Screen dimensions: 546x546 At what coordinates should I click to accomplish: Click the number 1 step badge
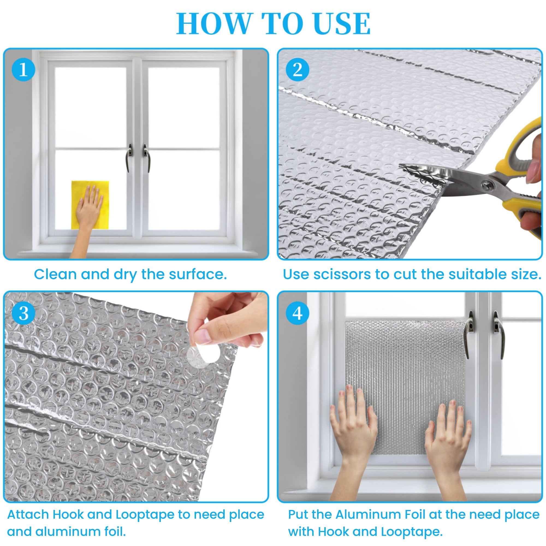point(23,70)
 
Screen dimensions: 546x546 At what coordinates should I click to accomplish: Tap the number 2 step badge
point(297,70)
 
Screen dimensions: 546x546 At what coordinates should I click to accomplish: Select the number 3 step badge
point(23,313)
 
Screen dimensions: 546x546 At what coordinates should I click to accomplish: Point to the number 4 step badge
point(297,313)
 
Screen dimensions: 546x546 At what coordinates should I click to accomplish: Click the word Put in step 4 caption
point(298,514)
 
